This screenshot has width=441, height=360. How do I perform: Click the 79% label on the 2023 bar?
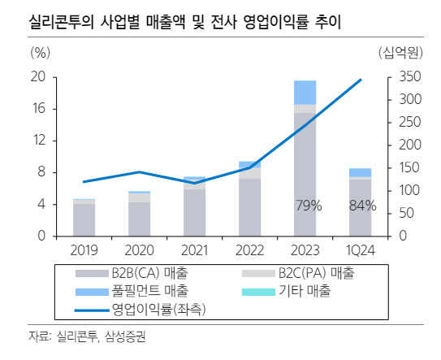pyautogui.click(x=309, y=206)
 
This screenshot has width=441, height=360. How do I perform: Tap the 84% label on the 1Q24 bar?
pyautogui.click(x=363, y=206)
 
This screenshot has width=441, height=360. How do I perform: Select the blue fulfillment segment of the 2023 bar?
pyautogui.click(x=305, y=93)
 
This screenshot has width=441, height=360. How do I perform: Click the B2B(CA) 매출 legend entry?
pyautogui.click(x=132, y=273)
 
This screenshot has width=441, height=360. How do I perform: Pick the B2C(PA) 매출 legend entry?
pyautogui.click(x=298, y=273)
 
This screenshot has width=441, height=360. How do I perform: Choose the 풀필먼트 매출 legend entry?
pyautogui.click(x=132, y=291)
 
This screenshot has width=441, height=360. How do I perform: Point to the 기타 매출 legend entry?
pyautogui.click(x=286, y=291)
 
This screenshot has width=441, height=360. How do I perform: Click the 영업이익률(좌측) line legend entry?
pyautogui.click(x=140, y=310)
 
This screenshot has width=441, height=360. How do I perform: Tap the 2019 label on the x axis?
pyautogui.click(x=84, y=250)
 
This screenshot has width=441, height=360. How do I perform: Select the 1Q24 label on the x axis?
pyautogui.click(x=361, y=250)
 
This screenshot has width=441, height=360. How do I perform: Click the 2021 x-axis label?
pyautogui.click(x=194, y=250)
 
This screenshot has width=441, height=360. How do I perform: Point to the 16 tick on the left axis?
pyautogui.click(x=39, y=108)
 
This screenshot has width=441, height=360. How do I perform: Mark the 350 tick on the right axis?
pyautogui.click(x=410, y=76)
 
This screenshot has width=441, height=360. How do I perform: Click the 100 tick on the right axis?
pyautogui.click(x=409, y=190)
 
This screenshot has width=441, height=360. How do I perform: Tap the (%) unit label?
pyautogui.click(x=41, y=52)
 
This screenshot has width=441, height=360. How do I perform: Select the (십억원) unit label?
pyautogui.click(x=400, y=52)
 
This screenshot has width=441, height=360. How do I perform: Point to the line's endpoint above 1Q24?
pyautogui.click(x=361, y=80)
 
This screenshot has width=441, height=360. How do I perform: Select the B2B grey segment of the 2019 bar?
pyautogui.click(x=84, y=220)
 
